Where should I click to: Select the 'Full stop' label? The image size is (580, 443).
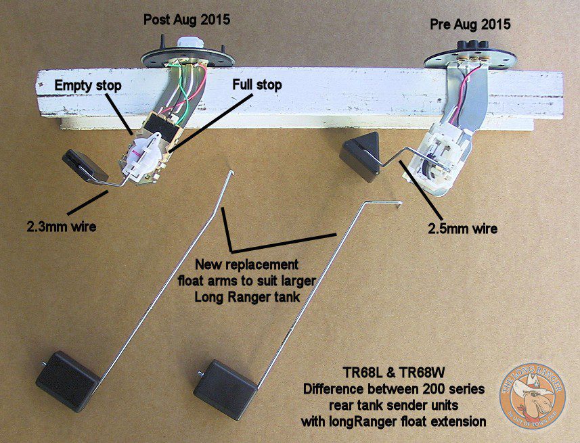[257, 86]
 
